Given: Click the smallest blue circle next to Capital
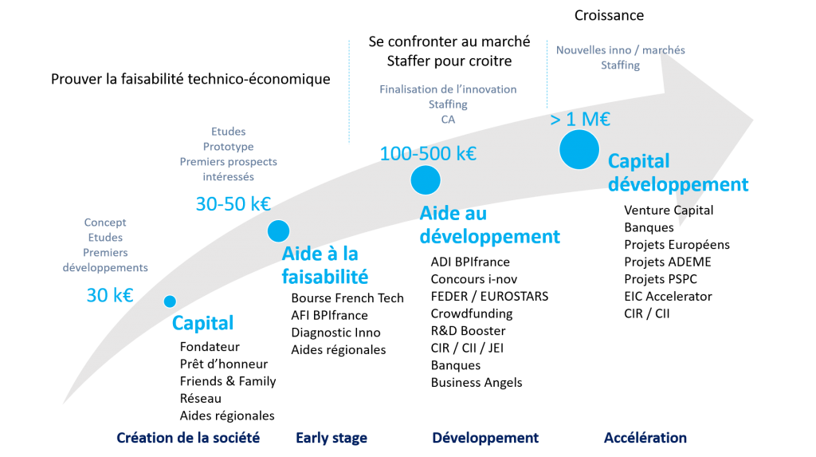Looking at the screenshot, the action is pos(170,301).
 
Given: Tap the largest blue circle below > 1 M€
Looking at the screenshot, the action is pos(579,150).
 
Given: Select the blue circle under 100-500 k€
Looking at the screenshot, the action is pos(426,180).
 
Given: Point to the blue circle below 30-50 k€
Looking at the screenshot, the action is pos(278,230).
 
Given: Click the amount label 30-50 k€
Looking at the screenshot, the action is pos(233,203).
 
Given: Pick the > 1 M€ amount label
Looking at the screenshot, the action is pos(580,120).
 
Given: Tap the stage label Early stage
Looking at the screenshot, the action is pos(331,438).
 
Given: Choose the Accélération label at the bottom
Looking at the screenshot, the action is pos(645,438).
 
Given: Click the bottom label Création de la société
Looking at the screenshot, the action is pos(188,438).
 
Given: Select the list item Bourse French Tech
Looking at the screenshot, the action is pos(347,298).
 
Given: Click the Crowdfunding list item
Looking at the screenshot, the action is pos(472,313).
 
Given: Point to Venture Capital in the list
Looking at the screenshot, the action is pos(669,211).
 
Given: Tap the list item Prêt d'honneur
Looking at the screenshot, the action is pos(224,364).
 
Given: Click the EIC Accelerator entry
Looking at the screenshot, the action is pos(669,297).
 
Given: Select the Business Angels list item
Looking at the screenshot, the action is pos(477,383).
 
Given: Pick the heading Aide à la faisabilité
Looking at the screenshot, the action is pos(325,266).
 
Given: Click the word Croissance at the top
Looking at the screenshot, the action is pos(609,16).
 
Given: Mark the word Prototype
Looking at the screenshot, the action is pos(229,147).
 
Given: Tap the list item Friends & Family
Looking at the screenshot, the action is pos(228,381).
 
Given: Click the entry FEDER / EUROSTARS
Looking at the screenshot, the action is pos(490,297).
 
